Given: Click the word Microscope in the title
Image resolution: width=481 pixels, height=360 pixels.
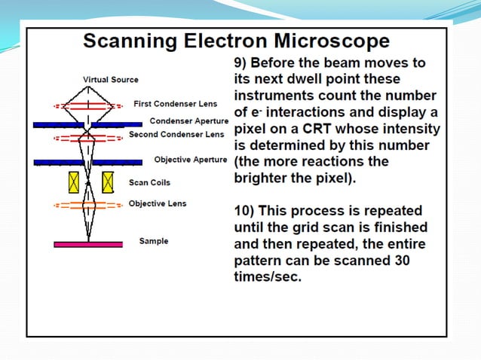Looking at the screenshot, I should tap(325, 41).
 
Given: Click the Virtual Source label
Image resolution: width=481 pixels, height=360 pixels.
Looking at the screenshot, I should tap(110, 80).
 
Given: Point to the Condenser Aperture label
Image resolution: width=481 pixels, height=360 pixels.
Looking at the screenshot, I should tap(188, 121).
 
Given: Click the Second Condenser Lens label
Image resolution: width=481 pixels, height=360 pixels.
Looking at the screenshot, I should tap(176, 135).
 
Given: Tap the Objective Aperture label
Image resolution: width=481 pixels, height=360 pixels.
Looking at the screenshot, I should tap(190, 160).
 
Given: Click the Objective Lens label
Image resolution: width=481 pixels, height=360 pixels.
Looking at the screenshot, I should tap(157, 203).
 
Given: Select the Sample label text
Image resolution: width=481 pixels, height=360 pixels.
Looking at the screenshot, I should tap(154, 241).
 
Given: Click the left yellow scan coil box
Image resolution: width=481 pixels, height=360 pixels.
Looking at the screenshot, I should tap(73, 182).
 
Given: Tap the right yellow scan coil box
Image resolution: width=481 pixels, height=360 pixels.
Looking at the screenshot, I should tap(107, 182).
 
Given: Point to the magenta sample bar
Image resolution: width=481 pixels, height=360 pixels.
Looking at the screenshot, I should tap(87, 244).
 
